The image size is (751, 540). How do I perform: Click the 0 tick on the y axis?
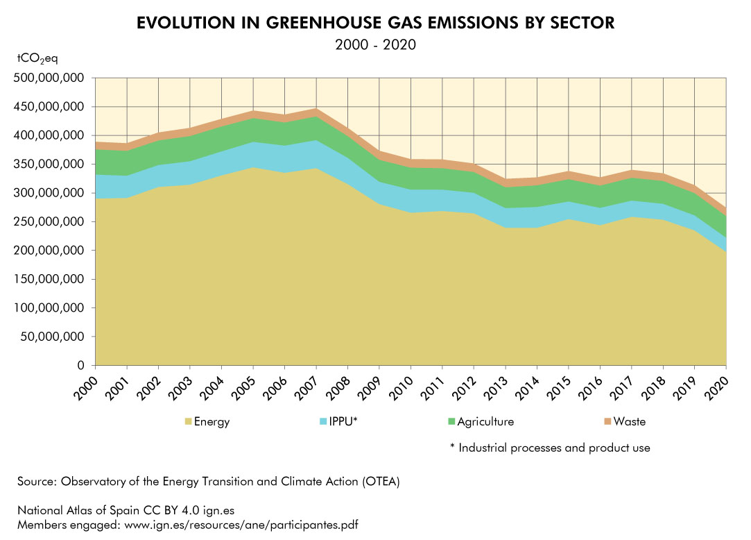coord(80,366)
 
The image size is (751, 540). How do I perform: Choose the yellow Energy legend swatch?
coord(187,421)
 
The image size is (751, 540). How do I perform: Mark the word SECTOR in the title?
coord(580,23)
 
